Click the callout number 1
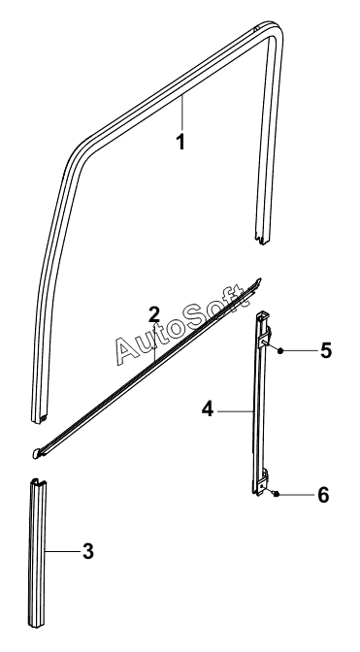pos(180,143)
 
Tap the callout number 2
pos(154,314)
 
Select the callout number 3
pos(88,552)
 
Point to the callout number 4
pos(208,409)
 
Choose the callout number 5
pos(326,350)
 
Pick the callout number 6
pos(323,495)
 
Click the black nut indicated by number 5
pos(280,350)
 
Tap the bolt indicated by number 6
pos(276,494)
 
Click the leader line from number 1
pos(182,114)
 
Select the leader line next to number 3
pos(62,552)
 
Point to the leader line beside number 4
pos(236,411)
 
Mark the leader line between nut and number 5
pos(300,350)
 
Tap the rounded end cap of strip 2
pos(37,453)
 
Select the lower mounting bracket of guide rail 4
pos(263,481)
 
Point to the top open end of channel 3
pos(38,483)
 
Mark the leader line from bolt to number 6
pos(297,495)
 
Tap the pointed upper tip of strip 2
pos(260,279)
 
